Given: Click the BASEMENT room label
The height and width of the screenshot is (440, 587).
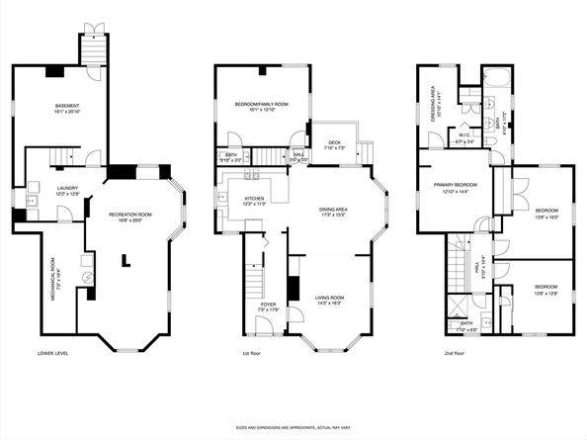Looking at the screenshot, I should click(x=66, y=106).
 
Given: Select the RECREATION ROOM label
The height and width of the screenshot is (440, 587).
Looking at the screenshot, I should click(x=135, y=214).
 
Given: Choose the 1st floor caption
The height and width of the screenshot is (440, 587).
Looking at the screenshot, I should click(x=251, y=353).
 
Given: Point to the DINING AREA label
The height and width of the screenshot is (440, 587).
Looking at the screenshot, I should click(x=333, y=210).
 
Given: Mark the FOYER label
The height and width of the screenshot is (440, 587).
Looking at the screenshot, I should click(x=269, y=305).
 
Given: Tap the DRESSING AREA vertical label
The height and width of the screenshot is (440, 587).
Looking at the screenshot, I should click(x=436, y=99).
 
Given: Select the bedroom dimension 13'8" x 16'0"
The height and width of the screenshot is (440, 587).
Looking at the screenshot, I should click(x=546, y=217).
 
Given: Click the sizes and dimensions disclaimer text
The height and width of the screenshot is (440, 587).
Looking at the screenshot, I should click(x=293, y=428).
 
